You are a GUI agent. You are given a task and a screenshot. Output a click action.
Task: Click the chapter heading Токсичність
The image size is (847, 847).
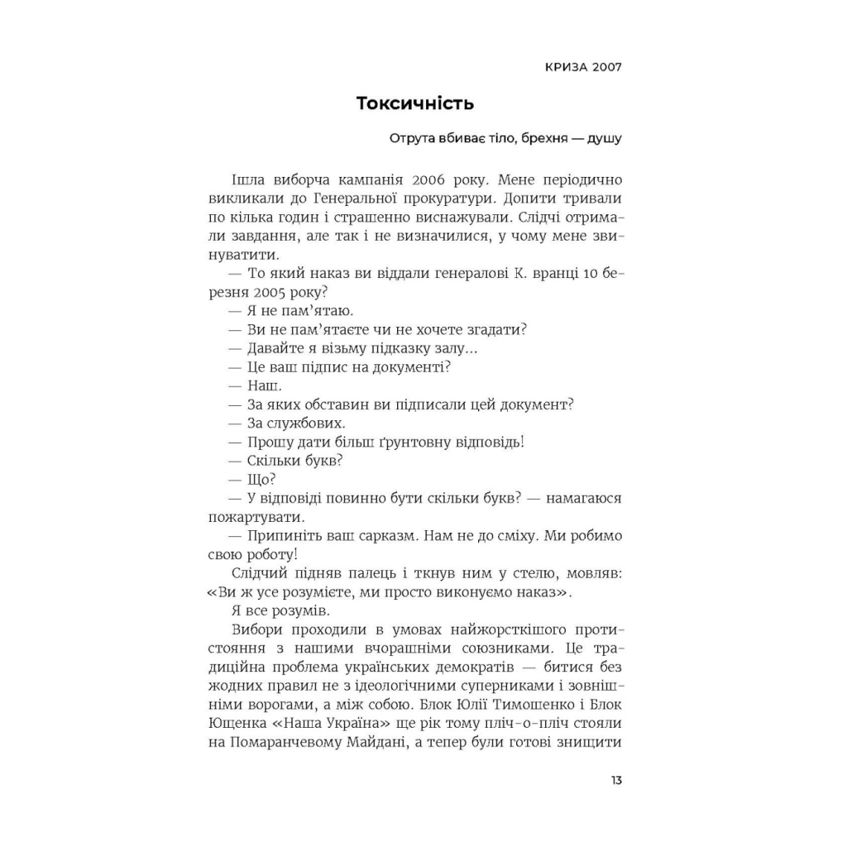point(414,103)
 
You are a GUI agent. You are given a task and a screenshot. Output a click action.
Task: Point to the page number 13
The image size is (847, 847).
point(616,781)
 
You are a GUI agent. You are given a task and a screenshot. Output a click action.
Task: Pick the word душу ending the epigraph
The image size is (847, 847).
point(604,138)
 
